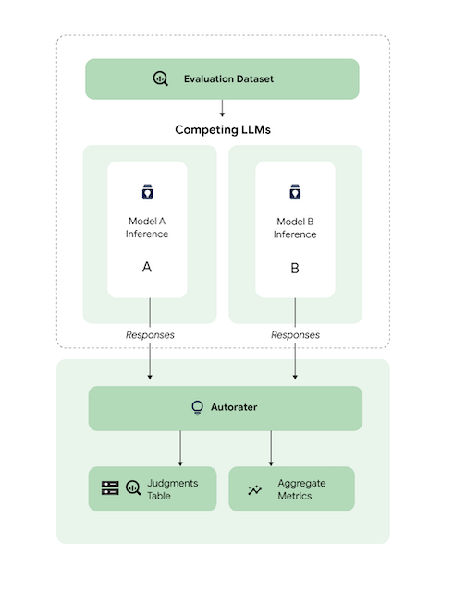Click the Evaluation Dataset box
(x=222, y=78)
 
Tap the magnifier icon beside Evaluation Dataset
(x=161, y=78)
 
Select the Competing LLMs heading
(x=222, y=130)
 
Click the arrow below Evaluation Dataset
(x=222, y=108)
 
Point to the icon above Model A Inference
(x=147, y=193)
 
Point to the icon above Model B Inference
(x=295, y=193)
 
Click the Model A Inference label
(x=147, y=228)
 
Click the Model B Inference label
(x=295, y=228)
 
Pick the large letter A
(x=147, y=267)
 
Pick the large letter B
(x=295, y=268)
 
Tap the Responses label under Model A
(x=150, y=334)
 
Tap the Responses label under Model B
(x=295, y=334)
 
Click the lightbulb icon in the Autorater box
(x=197, y=407)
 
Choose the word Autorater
(x=233, y=407)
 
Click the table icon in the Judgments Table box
(x=110, y=488)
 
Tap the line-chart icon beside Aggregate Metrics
(x=256, y=489)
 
